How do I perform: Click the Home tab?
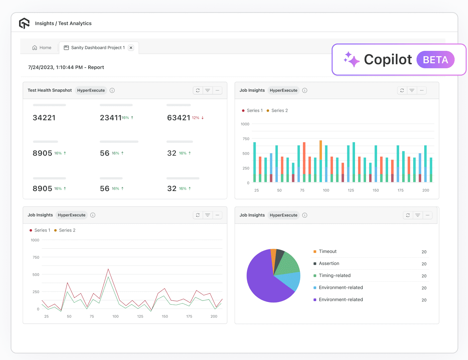(x=42, y=48)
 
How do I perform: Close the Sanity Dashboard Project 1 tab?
(x=131, y=48)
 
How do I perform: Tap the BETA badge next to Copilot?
(x=435, y=60)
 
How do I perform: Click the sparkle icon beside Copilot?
(x=351, y=60)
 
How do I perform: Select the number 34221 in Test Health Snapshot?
(x=44, y=118)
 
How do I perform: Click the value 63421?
(x=179, y=118)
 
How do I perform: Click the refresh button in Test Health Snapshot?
(x=198, y=90)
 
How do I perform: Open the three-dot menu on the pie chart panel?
(x=428, y=215)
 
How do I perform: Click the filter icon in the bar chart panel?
(x=412, y=90)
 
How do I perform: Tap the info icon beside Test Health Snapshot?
(x=112, y=90)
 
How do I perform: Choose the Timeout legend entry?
(x=328, y=252)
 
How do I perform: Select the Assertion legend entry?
(x=329, y=264)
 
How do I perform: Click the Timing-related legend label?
(x=335, y=276)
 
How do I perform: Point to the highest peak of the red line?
(x=108, y=269)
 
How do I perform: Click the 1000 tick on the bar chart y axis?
(x=245, y=124)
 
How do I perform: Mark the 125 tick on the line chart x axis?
(x=140, y=317)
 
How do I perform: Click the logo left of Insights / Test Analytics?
(x=24, y=23)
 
